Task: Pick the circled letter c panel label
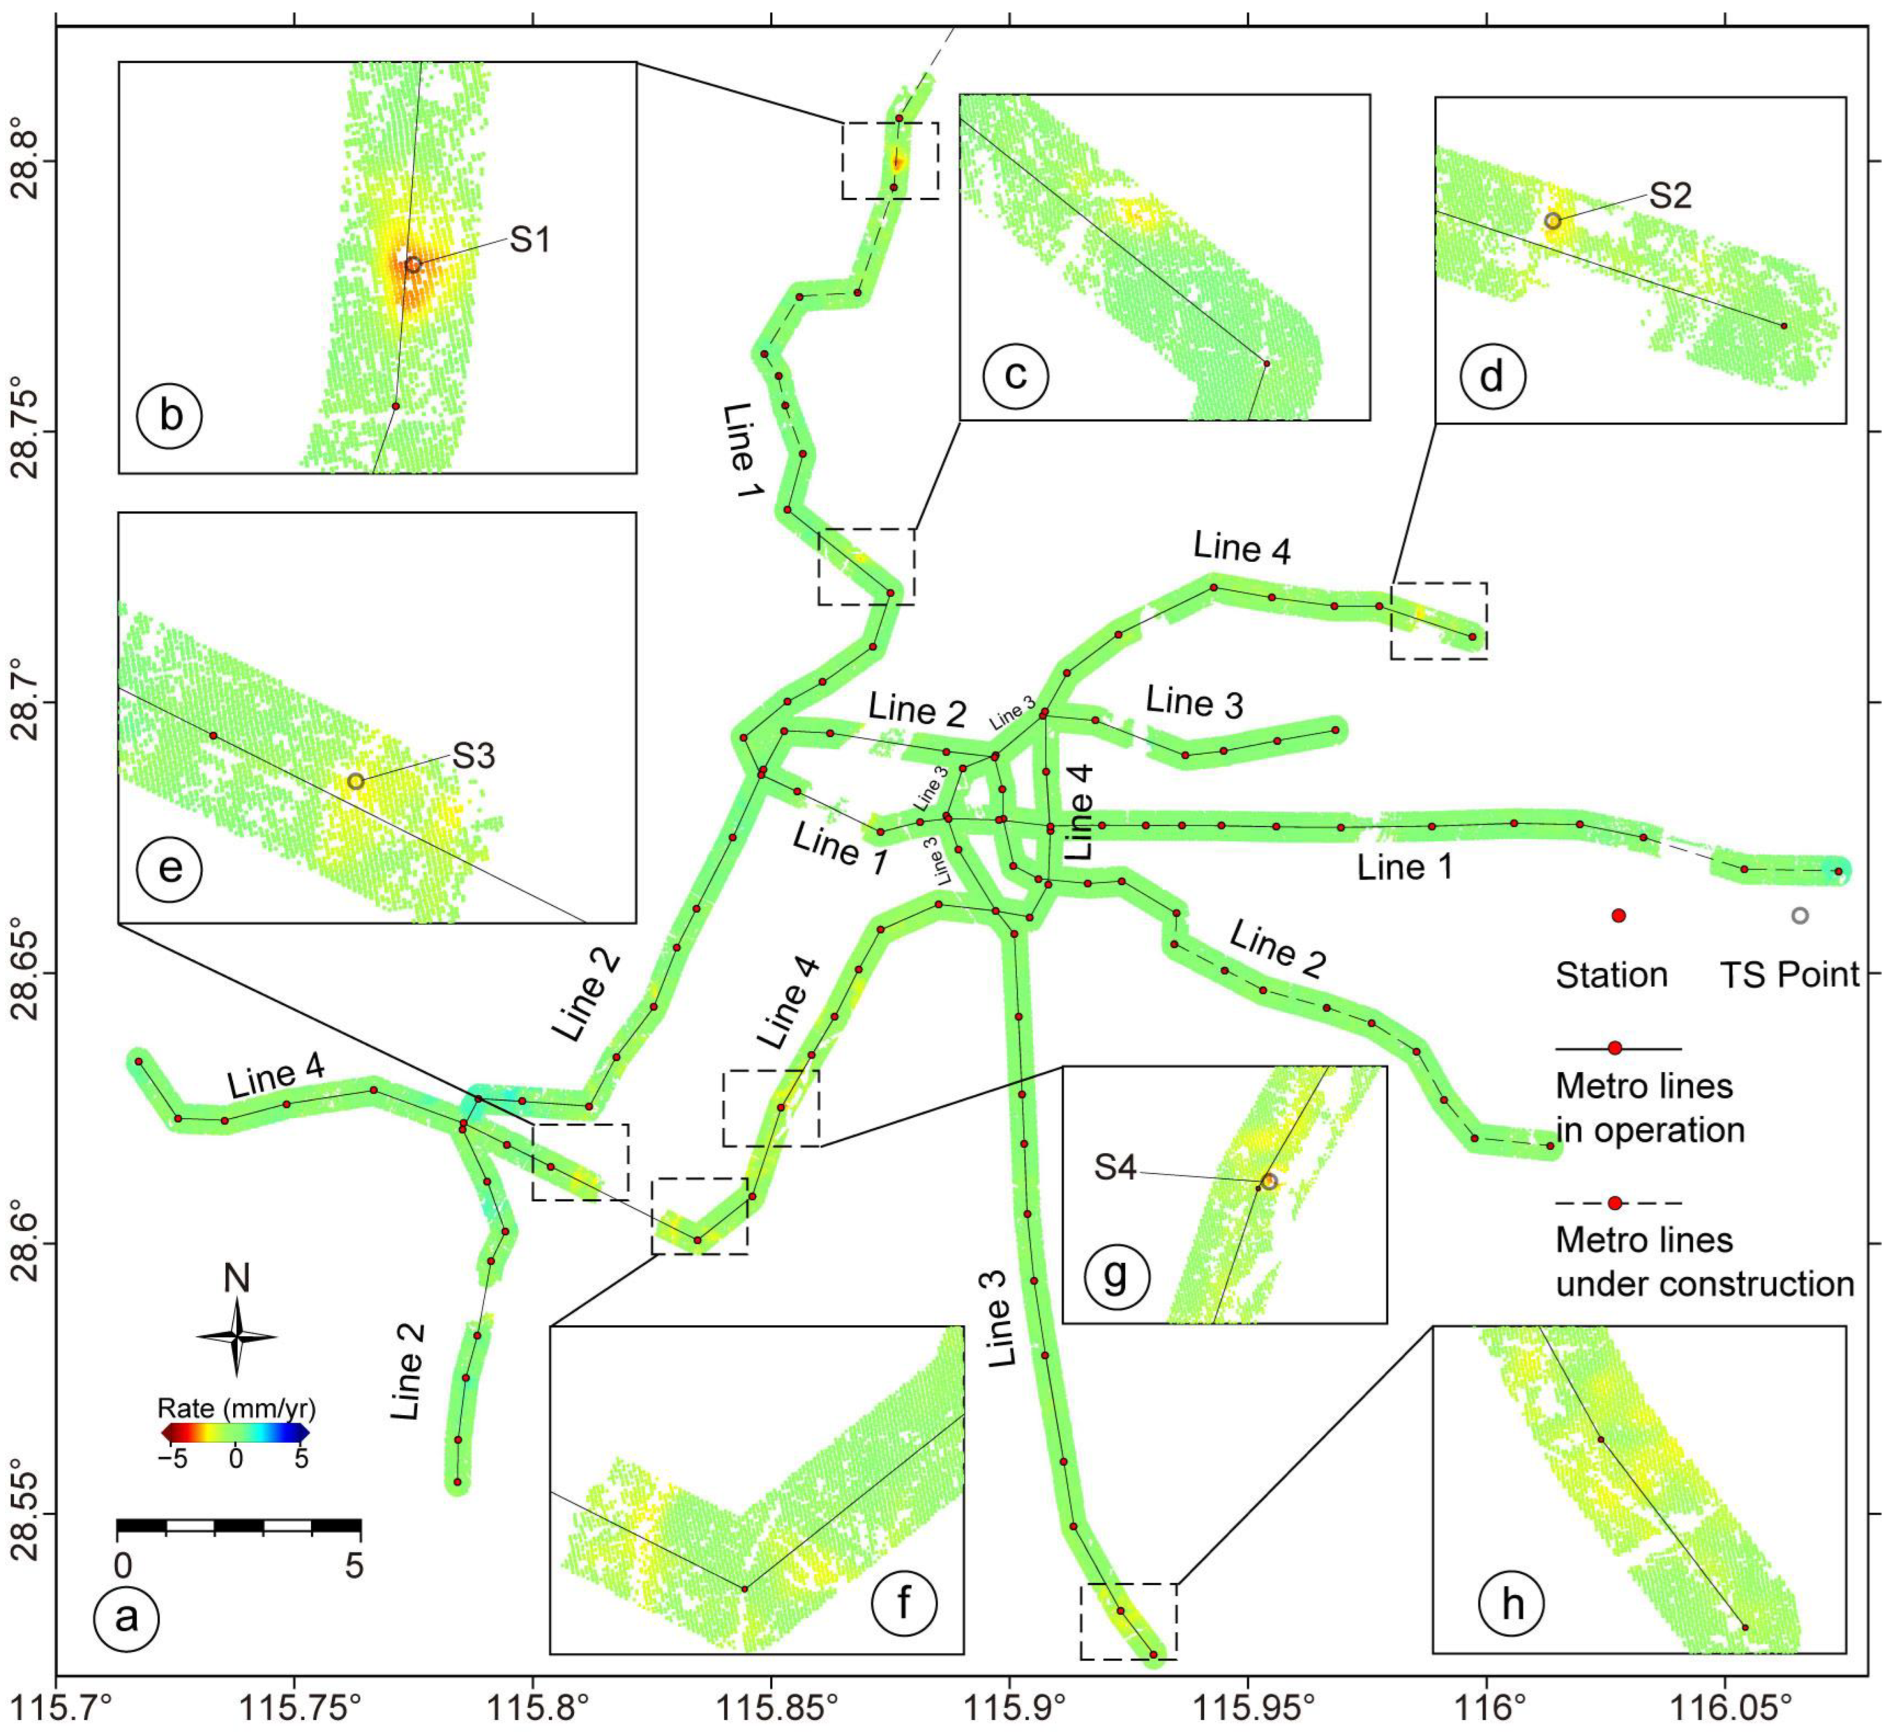1015,375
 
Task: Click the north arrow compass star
238,1337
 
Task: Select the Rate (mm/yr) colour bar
235,1433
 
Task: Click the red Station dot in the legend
1618,915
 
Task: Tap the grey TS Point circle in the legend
1799,915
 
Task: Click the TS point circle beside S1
412,265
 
